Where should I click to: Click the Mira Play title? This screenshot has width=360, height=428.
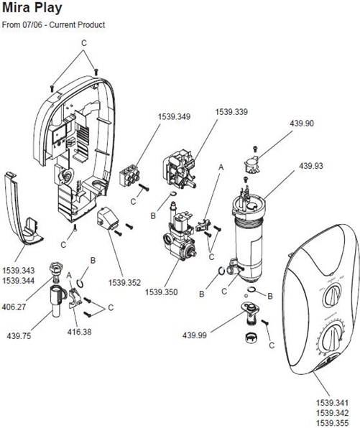click(x=32, y=8)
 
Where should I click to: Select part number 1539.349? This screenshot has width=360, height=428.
click(x=174, y=117)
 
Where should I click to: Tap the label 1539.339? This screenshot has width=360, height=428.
click(x=231, y=112)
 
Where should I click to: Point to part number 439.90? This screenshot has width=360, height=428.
click(x=302, y=124)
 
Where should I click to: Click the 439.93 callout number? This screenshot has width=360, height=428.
click(x=311, y=166)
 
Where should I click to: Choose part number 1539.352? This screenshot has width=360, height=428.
click(x=124, y=282)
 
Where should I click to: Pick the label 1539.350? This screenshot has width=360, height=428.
click(x=161, y=292)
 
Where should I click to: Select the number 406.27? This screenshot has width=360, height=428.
click(x=14, y=307)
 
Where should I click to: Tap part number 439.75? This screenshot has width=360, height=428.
click(x=19, y=336)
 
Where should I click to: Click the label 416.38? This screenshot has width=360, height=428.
click(x=80, y=332)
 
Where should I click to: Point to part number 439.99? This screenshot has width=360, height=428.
click(x=195, y=335)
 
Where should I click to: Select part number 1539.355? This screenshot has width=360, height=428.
click(x=333, y=423)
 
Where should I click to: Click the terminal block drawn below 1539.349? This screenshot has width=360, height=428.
click(x=130, y=176)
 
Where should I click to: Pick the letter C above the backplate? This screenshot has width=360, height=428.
click(x=84, y=43)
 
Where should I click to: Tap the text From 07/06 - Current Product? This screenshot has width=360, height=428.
click(x=54, y=25)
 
